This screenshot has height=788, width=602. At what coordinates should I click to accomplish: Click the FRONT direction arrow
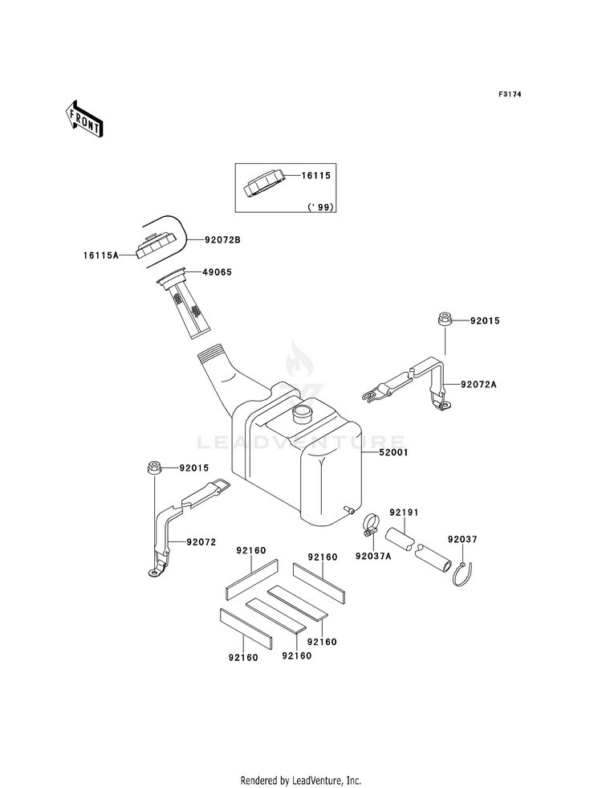[83, 119]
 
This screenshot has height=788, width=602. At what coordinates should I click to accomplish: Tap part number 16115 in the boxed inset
[315, 175]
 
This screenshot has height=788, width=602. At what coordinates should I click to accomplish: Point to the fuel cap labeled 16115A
[157, 246]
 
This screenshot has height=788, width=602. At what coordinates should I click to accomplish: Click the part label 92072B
[222, 240]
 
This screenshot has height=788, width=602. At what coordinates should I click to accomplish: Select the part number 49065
[218, 272]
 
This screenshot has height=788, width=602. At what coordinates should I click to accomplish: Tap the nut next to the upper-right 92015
[445, 319]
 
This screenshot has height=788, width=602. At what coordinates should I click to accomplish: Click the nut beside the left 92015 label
[153, 468]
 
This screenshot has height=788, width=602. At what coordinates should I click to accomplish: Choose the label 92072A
[478, 385]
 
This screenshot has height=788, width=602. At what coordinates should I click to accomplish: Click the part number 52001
[393, 452]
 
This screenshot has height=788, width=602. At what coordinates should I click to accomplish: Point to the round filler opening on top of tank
[303, 413]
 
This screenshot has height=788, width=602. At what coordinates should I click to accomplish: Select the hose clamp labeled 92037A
[369, 525]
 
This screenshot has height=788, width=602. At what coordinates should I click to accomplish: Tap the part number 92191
[405, 512]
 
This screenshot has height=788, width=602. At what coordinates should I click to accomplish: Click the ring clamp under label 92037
[465, 574]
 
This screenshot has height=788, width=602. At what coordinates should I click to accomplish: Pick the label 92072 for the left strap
[201, 542]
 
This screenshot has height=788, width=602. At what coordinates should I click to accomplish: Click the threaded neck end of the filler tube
[212, 353]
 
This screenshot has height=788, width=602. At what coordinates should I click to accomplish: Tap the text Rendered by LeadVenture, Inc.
[301, 781]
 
